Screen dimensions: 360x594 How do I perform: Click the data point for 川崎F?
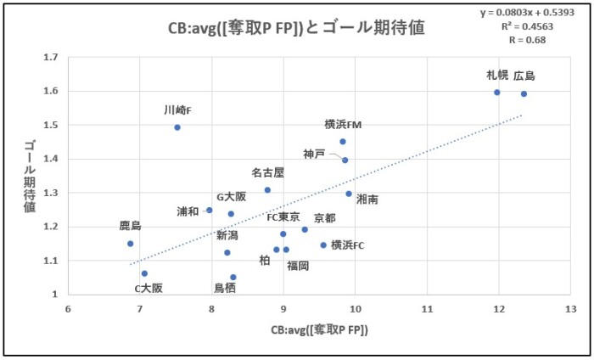[x=177, y=127]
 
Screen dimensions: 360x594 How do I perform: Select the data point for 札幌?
[x=497, y=93]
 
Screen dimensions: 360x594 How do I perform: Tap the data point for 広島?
[x=524, y=94]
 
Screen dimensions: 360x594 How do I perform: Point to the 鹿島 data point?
[x=131, y=244]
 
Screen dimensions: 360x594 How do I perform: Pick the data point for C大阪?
[x=145, y=273]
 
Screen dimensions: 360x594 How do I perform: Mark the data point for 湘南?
[x=349, y=194]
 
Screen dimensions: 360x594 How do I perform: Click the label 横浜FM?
[x=343, y=125]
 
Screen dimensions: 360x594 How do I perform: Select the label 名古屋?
[x=267, y=173]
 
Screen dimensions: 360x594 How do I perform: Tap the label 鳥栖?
[x=225, y=288]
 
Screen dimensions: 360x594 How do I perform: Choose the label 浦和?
[x=189, y=211]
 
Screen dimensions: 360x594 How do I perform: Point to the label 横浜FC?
[x=348, y=245]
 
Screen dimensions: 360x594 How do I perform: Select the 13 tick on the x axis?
[x=570, y=310]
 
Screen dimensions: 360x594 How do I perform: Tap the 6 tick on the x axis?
[x=68, y=310]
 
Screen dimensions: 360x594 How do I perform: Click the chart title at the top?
[x=295, y=27]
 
